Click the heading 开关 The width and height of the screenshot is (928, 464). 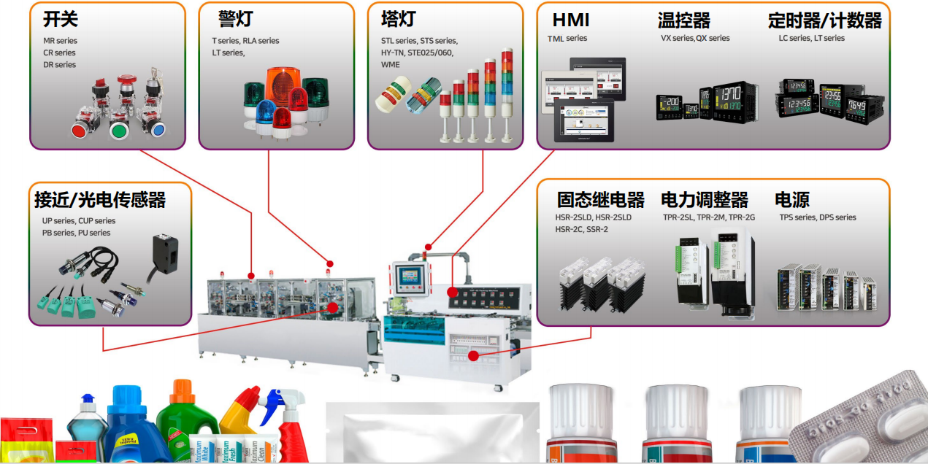[x=61, y=20]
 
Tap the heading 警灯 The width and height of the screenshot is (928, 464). [x=236, y=20]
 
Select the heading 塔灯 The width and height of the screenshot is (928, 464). [x=399, y=18]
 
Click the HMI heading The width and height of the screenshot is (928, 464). [x=571, y=20]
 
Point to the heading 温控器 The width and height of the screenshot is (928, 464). [x=684, y=20]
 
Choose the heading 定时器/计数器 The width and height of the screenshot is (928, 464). [x=825, y=20]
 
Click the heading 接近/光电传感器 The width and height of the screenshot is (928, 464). [x=100, y=199]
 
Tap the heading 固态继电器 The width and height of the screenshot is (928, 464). [x=601, y=200]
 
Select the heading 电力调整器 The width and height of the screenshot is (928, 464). [x=705, y=200]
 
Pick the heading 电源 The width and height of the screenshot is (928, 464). [x=792, y=200]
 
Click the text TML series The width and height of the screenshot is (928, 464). [x=567, y=39]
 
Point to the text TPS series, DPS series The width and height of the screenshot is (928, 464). [x=818, y=217]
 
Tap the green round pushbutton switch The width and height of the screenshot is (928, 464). [x=118, y=131]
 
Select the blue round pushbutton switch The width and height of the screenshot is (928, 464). [x=156, y=130]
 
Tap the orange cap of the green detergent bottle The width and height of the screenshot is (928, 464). [x=181, y=392]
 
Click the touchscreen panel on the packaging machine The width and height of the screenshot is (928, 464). [x=408, y=279]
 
